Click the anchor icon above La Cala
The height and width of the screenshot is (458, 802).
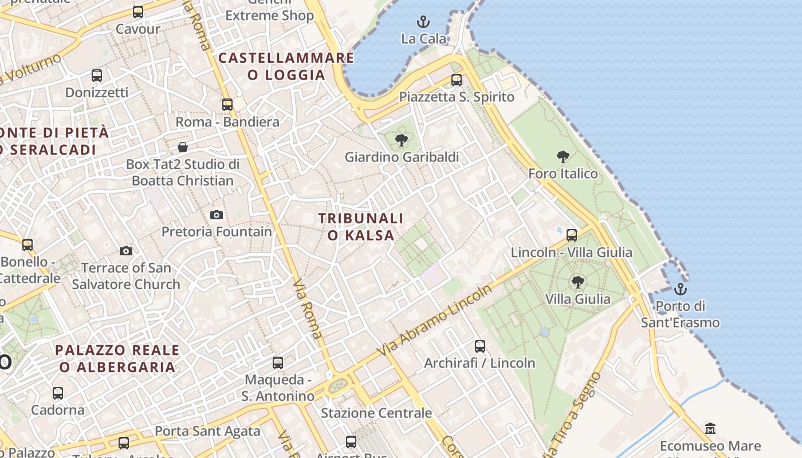[423, 22]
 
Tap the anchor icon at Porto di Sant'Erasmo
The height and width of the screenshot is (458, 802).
[681, 289]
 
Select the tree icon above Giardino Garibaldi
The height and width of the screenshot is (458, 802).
[402, 139]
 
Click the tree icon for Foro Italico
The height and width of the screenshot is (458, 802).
[563, 156]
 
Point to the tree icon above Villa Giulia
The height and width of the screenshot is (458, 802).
[577, 282]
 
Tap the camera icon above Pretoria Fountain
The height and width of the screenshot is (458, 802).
[217, 215]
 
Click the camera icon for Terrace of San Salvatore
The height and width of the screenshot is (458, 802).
[126, 251]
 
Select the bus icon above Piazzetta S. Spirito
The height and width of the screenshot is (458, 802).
[457, 80]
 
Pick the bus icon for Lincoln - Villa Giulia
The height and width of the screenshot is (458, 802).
[571, 235]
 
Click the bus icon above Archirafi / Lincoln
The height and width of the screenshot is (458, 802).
[480, 346]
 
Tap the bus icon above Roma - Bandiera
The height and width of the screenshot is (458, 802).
[227, 105]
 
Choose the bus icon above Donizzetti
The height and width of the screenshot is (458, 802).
[97, 76]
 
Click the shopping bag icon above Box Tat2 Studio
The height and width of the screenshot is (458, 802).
[183, 147]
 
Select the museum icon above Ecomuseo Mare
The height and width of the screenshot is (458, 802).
[710, 429]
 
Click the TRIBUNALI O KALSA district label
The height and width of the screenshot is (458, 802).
[361, 227]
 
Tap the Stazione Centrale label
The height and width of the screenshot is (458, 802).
[376, 413]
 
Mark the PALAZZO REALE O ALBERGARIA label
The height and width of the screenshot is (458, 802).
[117, 358]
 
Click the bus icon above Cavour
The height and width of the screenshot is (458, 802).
[138, 12]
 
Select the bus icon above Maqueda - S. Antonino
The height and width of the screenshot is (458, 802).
[278, 362]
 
